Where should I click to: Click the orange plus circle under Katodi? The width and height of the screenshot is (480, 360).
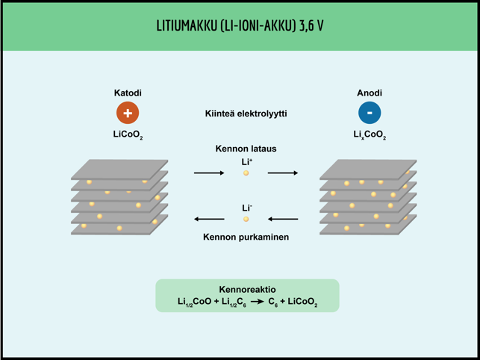click(128, 113)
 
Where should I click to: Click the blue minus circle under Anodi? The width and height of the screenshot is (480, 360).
click(370, 113)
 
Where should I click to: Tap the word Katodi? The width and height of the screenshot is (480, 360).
click(128, 93)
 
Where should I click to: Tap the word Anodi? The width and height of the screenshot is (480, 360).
click(370, 93)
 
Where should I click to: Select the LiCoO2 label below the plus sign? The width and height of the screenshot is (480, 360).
click(128, 136)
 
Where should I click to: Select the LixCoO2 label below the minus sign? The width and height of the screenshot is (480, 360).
click(370, 136)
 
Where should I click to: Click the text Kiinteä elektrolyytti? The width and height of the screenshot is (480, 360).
click(246, 114)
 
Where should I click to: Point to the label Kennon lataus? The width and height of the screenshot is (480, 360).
click(246, 149)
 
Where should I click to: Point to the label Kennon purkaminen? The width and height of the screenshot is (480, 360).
click(246, 238)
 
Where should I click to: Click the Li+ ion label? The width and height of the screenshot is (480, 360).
click(246, 161)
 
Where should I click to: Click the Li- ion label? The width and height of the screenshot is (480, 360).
click(246, 208)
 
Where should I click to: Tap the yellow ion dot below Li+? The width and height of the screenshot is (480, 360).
click(246, 173)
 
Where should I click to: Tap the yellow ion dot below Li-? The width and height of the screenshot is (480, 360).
click(246, 220)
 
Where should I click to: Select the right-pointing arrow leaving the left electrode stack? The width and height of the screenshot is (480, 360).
click(209, 173)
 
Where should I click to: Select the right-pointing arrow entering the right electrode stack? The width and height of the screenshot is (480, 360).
click(283, 173)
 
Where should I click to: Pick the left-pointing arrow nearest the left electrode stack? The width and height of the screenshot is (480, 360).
click(209, 220)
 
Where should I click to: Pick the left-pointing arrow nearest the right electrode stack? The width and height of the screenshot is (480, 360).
click(283, 220)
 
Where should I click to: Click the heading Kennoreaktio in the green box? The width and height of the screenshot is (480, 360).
click(247, 289)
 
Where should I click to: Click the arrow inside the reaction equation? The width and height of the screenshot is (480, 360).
click(257, 302)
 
